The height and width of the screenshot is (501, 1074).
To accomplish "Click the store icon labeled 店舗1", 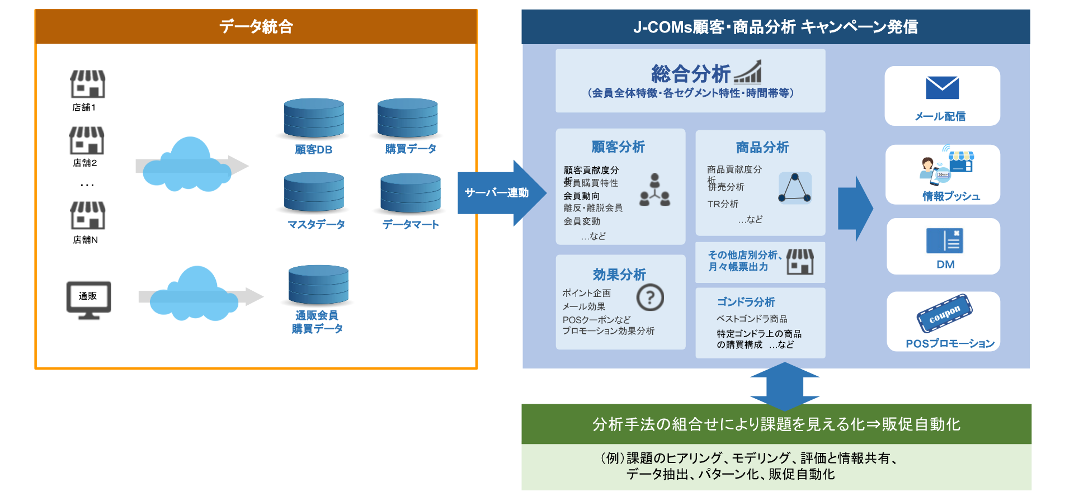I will pyautogui.click(x=88, y=84).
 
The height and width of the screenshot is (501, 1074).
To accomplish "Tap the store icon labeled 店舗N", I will pyautogui.click(x=88, y=215).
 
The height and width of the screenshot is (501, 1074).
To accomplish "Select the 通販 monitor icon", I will pyautogui.click(x=88, y=300).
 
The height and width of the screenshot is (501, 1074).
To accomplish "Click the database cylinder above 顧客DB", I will pyautogui.click(x=314, y=118).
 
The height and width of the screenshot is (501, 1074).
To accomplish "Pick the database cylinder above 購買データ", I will pyautogui.click(x=407, y=118).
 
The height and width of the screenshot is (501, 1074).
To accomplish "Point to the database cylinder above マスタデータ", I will pyautogui.click(x=314, y=192).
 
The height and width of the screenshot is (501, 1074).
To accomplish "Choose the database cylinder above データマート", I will pyautogui.click(x=411, y=193).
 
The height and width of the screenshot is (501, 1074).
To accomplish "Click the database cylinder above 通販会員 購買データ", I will pyautogui.click(x=318, y=285).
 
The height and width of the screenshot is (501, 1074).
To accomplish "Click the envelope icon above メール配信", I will pyautogui.click(x=942, y=88).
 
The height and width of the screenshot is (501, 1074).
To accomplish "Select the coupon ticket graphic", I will pyautogui.click(x=944, y=313).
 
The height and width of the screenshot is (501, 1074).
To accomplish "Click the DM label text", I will pyautogui.click(x=945, y=264).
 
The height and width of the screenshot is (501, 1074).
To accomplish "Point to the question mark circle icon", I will pyautogui.click(x=650, y=297).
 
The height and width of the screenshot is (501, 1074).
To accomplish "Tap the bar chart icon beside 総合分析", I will pyautogui.click(x=748, y=72).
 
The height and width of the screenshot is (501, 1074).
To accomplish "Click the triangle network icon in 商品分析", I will pyautogui.click(x=794, y=188).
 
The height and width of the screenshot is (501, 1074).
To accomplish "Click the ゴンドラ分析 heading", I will pyautogui.click(x=746, y=302).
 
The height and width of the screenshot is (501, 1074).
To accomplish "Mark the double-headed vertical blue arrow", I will pyautogui.click(x=784, y=386).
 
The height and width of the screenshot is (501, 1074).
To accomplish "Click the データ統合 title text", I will pyautogui.click(x=256, y=26).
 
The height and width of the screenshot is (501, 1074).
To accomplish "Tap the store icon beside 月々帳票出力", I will pyautogui.click(x=800, y=261).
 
